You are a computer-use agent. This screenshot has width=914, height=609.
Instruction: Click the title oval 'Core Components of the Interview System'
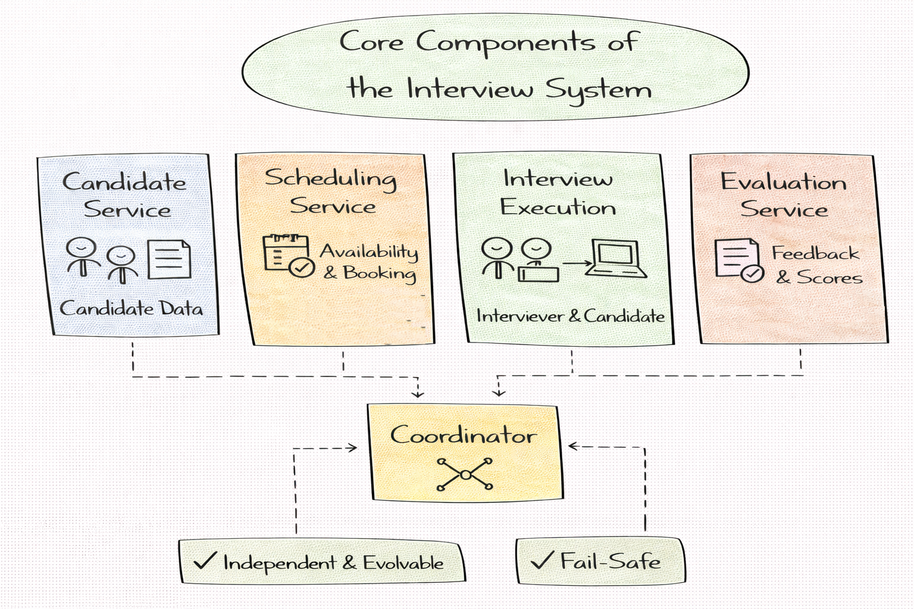coord(495,67)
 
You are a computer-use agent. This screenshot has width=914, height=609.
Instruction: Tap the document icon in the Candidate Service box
coord(169,260)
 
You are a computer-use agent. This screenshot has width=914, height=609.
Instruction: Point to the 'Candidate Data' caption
coord(131,308)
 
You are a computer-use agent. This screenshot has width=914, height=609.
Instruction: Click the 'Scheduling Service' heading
coord(331,192)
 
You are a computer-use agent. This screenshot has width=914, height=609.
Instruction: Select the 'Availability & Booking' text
coord(370,262)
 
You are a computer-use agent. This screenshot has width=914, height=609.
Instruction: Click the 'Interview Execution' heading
coord(558,192)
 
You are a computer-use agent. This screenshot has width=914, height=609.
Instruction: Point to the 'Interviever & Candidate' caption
coord(570,316)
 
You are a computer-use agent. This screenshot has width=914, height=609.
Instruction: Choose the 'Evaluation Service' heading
coord(783,195)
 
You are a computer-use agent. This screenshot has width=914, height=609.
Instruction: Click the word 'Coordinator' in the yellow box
coord(464,435)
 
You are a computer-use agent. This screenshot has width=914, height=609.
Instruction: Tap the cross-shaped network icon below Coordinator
coord(465,475)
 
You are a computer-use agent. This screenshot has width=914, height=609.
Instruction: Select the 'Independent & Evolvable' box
coord(322,562)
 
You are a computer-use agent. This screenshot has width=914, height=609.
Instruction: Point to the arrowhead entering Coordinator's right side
coord(573,446)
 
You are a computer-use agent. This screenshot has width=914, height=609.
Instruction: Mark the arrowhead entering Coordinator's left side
coord(353,448)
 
